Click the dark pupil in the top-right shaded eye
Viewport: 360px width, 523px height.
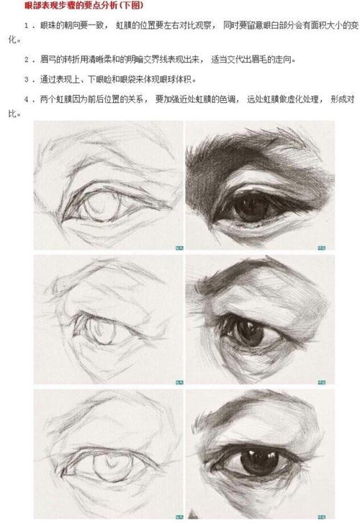click(x=248, y=207)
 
